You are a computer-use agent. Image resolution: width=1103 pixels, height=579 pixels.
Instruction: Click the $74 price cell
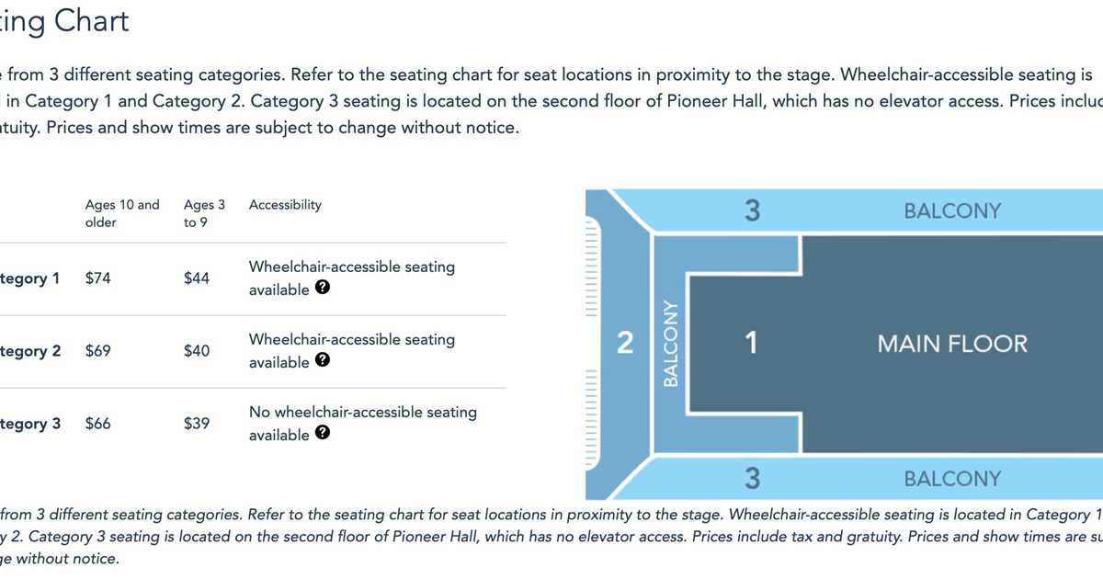tap(97, 278)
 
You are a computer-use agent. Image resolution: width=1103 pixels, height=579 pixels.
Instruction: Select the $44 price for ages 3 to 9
tap(197, 278)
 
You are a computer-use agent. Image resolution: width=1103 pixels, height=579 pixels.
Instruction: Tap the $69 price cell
tap(97, 351)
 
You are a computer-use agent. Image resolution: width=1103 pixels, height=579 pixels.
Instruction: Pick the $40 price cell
tap(197, 351)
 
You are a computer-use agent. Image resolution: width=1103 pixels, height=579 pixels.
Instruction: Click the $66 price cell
tap(97, 424)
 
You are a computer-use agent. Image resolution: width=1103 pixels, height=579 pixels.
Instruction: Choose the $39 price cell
tap(197, 424)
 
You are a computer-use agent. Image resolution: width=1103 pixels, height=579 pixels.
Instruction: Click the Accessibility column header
tap(285, 205)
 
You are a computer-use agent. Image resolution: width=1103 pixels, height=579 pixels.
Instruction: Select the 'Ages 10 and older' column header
tap(122, 213)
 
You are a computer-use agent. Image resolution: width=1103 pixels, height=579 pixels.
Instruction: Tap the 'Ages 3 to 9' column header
tap(204, 213)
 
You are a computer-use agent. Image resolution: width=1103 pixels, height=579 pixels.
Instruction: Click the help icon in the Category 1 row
tap(323, 288)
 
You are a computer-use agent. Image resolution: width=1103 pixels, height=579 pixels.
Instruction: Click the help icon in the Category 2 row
tap(323, 360)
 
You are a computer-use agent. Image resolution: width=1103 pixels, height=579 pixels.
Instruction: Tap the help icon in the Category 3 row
tap(323, 433)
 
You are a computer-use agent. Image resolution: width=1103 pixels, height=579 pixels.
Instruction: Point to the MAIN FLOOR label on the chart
tap(952, 345)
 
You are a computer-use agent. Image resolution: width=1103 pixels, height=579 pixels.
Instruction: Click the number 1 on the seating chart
tap(751, 344)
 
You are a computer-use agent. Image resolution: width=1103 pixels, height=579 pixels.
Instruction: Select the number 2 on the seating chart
tap(625, 344)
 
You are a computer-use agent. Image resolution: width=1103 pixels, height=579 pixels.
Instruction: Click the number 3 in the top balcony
tap(752, 211)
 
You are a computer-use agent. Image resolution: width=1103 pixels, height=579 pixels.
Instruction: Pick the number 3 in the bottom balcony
tap(752, 479)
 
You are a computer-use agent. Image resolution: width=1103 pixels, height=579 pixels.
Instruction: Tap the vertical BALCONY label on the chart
tap(670, 344)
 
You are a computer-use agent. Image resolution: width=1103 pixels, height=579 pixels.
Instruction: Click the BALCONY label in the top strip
tap(951, 211)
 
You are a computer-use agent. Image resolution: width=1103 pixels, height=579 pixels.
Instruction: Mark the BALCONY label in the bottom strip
tap(951, 479)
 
